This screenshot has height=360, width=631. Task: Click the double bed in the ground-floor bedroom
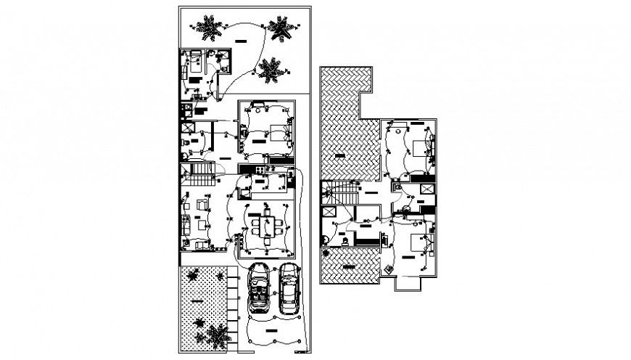(278, 132)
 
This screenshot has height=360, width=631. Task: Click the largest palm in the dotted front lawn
(216, 335)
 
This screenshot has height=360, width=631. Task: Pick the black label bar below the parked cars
(273, 331)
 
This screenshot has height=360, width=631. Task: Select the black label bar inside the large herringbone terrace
(341, 154)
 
